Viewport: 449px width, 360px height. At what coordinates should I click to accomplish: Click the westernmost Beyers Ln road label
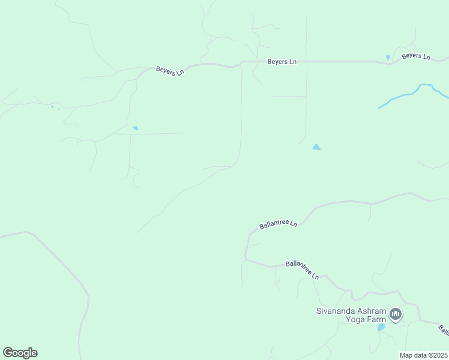(x=170, y=71)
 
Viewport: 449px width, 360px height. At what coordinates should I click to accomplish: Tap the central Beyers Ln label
(x=282, y=62)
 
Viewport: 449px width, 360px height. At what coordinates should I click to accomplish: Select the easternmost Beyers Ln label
(x=416, y=56)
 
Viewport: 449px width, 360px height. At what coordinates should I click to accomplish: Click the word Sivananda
(x=337, y=311)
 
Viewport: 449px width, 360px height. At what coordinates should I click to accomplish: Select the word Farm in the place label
(x=376, y=320)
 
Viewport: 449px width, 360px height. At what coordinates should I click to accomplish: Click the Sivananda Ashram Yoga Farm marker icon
(x=396, y=314)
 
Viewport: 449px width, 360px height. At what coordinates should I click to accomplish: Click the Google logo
(x=20, y=352)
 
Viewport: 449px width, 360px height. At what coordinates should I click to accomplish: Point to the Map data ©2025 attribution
(x=423, y=355)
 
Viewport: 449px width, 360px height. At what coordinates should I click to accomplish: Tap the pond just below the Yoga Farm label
(x=381, y=328)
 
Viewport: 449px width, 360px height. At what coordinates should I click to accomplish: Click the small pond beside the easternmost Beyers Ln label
(x=388, y=58)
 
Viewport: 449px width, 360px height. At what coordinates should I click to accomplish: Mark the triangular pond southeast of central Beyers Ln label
(x=316, y=146)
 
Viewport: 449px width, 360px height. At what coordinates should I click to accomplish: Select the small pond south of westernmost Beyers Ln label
(x=135, y=128)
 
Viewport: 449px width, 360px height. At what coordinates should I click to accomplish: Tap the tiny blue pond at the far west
(x=52, y=107)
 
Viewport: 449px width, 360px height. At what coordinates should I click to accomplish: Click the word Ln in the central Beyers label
(x=292, y=62)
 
